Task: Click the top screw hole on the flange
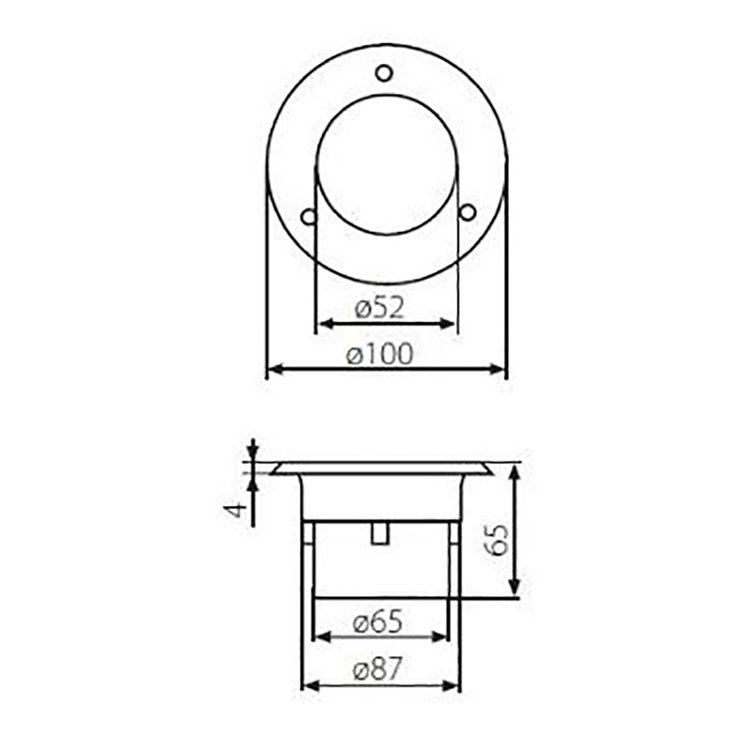pyautogui.click(x=383, y=72)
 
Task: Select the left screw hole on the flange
pyautogui.click(x=307, y=216)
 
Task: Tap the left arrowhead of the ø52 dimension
pyautogui.click(x=322, y=324)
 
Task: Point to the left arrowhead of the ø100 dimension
pyautogui.click(x=275, y=370)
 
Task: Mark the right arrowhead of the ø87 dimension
pyautogui.click(x=452, y=685)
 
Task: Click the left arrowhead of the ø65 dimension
pyautogui.click(x=321, y=636)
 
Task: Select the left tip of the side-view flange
pyautogui.click(x=273, y=471)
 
